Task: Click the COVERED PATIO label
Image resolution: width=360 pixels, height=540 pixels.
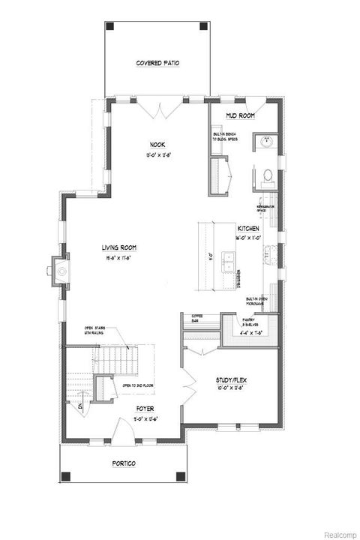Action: point(157,63)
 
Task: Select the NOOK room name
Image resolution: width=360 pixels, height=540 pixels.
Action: point(157,145)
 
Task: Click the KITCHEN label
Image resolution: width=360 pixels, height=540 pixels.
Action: point(248,228)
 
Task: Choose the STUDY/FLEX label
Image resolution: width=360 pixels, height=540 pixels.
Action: point(231,380)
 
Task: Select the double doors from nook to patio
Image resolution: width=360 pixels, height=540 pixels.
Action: point(160,110)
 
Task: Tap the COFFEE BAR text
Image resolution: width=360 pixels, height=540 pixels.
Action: point(198,318)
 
